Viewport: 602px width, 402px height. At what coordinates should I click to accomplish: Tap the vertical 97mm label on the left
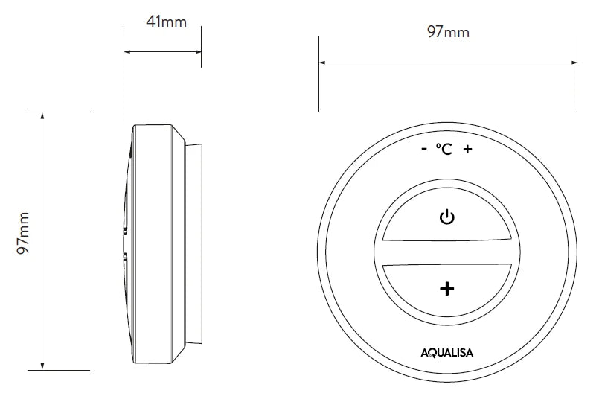(23, 240)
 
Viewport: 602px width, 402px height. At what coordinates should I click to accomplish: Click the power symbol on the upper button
(446, 218)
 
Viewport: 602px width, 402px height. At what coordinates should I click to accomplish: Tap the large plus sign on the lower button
(447, 289)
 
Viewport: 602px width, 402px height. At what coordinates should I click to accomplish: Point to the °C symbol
(444, 150)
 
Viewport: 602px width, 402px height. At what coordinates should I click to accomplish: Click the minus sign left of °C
(423, 150)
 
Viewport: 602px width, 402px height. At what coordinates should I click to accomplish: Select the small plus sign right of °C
(467, 150)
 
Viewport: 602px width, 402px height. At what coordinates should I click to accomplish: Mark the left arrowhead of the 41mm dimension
(127, 52)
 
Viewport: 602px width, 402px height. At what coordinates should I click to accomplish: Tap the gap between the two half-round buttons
(446, 253)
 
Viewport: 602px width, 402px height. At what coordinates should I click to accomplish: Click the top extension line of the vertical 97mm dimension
(63, 112)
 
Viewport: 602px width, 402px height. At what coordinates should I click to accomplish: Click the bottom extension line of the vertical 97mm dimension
(63, 370)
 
